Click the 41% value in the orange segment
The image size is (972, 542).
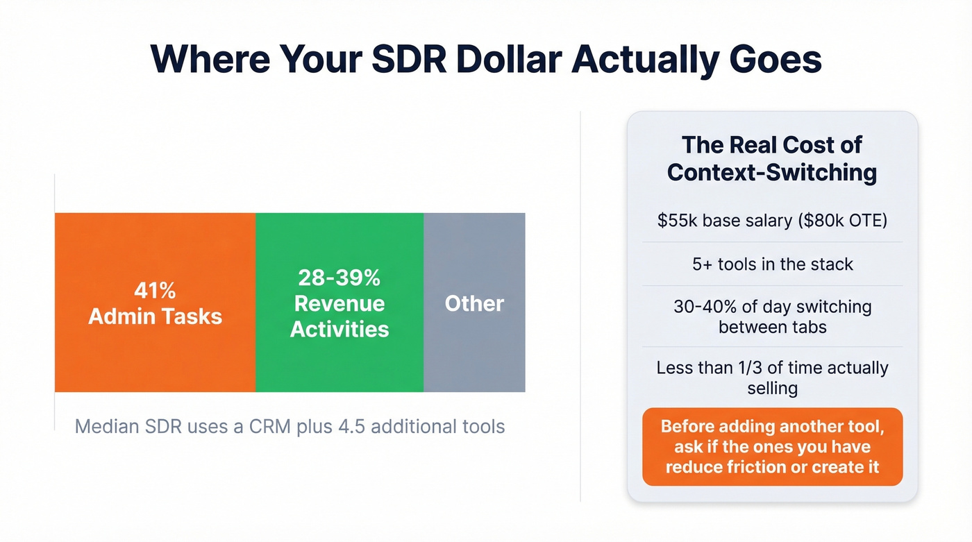pos(156,290)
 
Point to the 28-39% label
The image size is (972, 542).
pos(340,278)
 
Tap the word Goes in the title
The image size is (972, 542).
pos(770,60)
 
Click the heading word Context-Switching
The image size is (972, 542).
pos(772,172)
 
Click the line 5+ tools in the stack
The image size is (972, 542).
pos(772,264)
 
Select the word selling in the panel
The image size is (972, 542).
pos(772,388)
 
